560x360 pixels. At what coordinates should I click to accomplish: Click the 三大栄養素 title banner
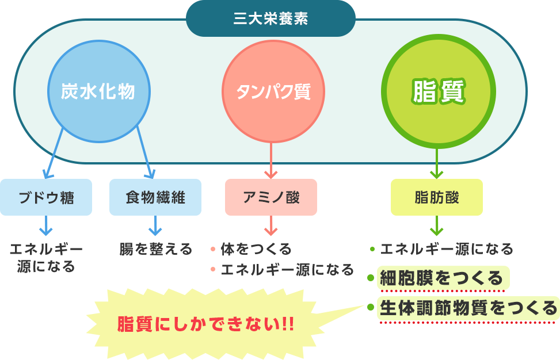pos(271,18)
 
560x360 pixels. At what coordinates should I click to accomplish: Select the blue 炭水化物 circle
pos(99,91)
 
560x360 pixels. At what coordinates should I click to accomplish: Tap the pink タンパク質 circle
pos(273,91)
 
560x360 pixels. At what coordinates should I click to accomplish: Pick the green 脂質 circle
pos(438,91)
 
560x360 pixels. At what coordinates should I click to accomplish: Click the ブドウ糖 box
pos(46,197)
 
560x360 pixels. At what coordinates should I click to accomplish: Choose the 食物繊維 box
pos(155,197)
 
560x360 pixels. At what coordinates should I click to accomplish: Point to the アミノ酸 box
pos(271,197)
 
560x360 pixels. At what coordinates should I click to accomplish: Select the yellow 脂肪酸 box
pos(437,197)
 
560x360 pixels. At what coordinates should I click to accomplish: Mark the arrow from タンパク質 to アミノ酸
pos(271,160)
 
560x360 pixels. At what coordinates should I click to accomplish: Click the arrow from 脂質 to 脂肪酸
pos(437,163)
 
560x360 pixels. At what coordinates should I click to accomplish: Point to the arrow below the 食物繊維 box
pos(155,225)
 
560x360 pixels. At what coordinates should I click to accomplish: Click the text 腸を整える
pos(156,249)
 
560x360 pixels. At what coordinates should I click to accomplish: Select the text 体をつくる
pos(256,249)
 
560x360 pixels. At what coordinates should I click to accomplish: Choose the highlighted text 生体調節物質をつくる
pos(468,308)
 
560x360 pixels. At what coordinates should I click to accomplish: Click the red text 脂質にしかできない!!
pos(205,324)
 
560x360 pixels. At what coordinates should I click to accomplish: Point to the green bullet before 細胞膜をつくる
pos(371,277)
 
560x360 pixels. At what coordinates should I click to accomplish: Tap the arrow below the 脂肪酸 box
pos(437,225)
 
